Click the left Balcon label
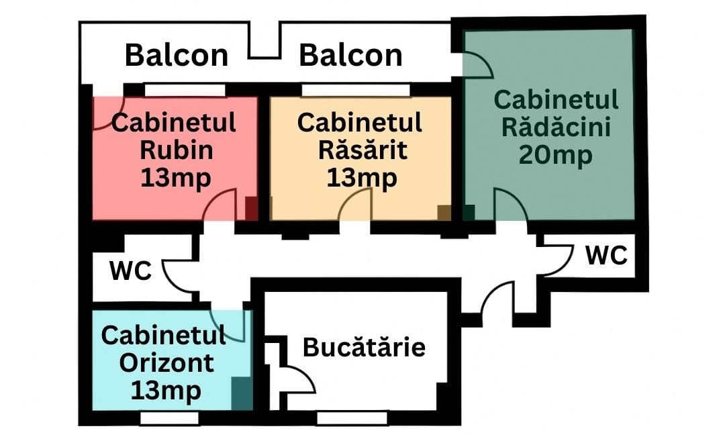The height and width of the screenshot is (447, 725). [177, 56]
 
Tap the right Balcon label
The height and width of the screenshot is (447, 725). [350, 56]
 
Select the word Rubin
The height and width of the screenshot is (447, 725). [176, 150]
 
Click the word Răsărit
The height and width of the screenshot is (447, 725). [362, 150]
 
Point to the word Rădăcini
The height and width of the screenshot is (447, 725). [556, 127]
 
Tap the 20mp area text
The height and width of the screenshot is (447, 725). [556, 155]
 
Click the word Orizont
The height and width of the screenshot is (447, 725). [166, 363]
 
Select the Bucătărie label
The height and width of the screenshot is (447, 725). [364, 348]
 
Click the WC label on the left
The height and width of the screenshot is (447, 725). [130, 271]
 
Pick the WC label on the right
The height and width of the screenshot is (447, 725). [606, 255]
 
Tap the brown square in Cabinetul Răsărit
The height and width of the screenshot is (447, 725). [444, 213]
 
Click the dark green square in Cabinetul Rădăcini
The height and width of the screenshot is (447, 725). [469, 213]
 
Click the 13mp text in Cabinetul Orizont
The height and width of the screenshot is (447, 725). [166, 390]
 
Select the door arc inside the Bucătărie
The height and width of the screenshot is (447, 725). [299, 380]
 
